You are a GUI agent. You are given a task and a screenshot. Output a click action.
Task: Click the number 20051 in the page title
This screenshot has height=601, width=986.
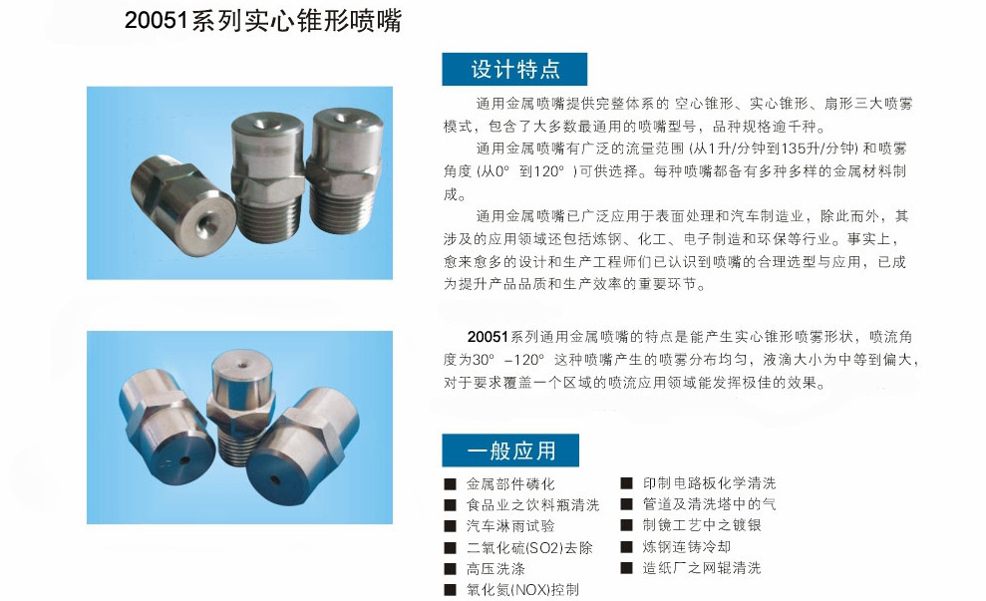(x=157, y=21)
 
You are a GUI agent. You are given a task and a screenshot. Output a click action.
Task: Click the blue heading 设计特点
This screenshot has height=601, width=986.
(x=515, y=69)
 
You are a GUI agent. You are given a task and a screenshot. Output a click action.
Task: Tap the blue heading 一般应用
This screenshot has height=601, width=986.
(x=511, y=451)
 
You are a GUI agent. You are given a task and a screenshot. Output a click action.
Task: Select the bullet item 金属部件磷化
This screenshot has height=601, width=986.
(x=510, y=484)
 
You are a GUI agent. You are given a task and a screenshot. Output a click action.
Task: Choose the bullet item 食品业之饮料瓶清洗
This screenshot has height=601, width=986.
(x=533, y=504)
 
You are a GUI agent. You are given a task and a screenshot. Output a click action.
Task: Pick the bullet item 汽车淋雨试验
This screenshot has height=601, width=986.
(x=510, y=526)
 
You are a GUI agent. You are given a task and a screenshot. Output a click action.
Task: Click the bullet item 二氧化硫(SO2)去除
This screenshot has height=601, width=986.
(x=529, y=547)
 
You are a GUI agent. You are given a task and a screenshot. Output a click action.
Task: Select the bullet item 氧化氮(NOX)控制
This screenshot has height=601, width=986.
(x=522, y=590)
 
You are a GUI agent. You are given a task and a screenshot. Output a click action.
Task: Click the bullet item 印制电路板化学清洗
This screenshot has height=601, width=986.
(x=709, y=482)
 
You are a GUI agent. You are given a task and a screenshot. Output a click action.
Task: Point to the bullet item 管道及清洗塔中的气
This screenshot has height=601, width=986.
(x=709, y=503)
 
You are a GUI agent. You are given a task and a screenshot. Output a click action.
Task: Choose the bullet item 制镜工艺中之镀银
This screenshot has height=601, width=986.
(x=702, y=525)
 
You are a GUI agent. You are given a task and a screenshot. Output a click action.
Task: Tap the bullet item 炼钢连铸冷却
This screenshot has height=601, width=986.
(x=687, y=546)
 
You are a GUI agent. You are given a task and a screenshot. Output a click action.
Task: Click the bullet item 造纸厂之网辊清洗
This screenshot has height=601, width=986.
(x=702, y=568)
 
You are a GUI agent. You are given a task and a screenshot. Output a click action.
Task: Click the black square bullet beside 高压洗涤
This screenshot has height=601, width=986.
(x=450, y=569)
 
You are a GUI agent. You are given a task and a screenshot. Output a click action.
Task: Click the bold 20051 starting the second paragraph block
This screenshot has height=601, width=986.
(x=488, y=337)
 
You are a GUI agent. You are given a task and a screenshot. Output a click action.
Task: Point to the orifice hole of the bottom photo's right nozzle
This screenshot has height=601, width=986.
(x=275, y=479)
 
